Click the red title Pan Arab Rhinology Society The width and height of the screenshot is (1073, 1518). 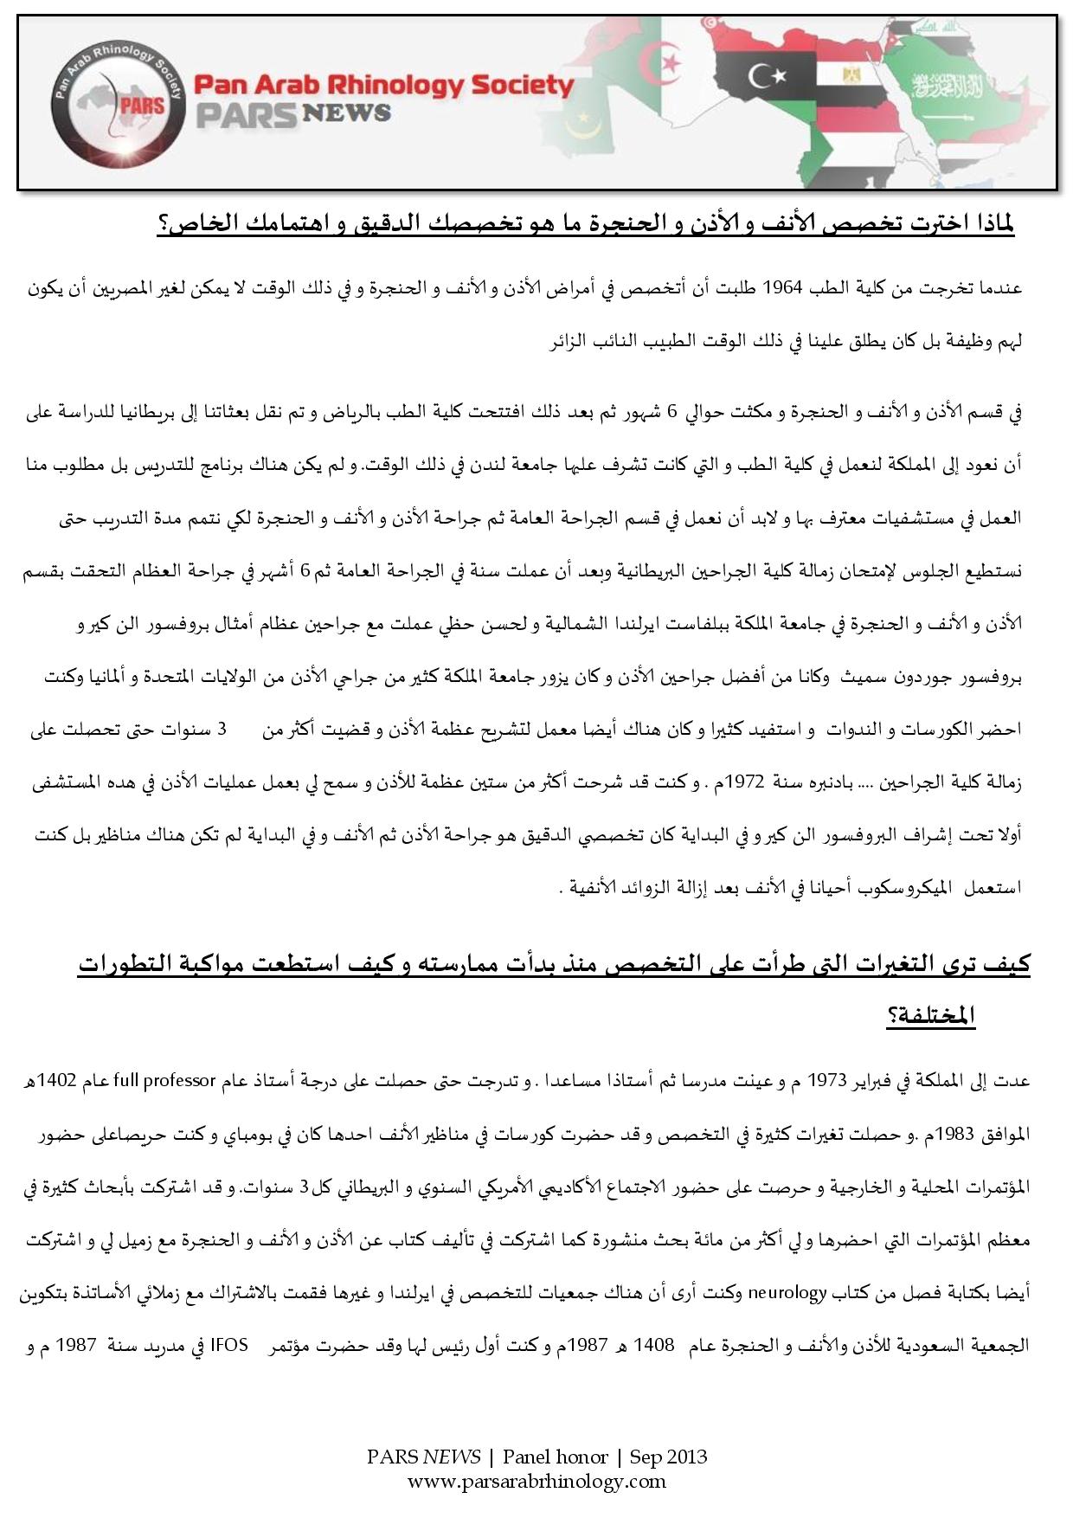click(x=383, y=85)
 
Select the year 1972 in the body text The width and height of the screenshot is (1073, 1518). click(x=745, y=784)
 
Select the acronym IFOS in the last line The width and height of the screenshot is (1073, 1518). click(x=229, y=1346)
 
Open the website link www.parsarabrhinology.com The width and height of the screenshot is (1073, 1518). click(x=536, y=1481)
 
